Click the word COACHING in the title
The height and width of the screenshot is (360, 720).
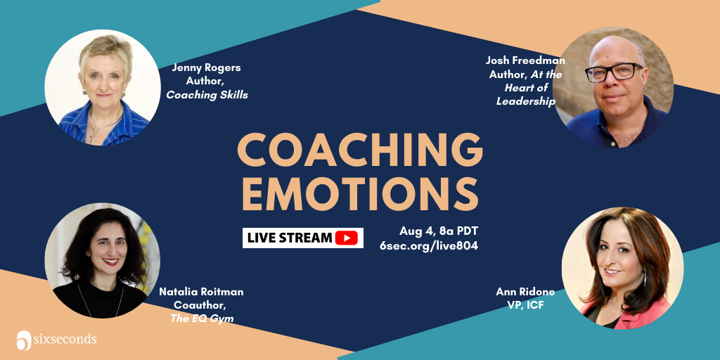tap(360, 150)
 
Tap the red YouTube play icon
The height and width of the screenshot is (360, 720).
tap(346, 238)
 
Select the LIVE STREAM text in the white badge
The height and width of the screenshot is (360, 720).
tap(289, 238)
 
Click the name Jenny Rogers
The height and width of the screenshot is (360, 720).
tap(206, 68)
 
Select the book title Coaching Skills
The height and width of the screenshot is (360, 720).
tap(207, 96)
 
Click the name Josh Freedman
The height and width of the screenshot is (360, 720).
tap(525, 60)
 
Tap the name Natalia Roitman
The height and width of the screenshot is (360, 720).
tap(201, 292)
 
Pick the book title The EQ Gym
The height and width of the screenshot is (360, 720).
tap(202, 319)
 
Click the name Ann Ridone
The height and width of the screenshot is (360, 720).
tap(525, 292)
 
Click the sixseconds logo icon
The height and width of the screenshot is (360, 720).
tap(23, 340)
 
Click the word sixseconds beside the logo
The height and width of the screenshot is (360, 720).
tap(64, 340)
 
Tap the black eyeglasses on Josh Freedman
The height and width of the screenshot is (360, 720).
tap(613, 72)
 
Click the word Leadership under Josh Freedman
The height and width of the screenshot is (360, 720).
tap(526, 101)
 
